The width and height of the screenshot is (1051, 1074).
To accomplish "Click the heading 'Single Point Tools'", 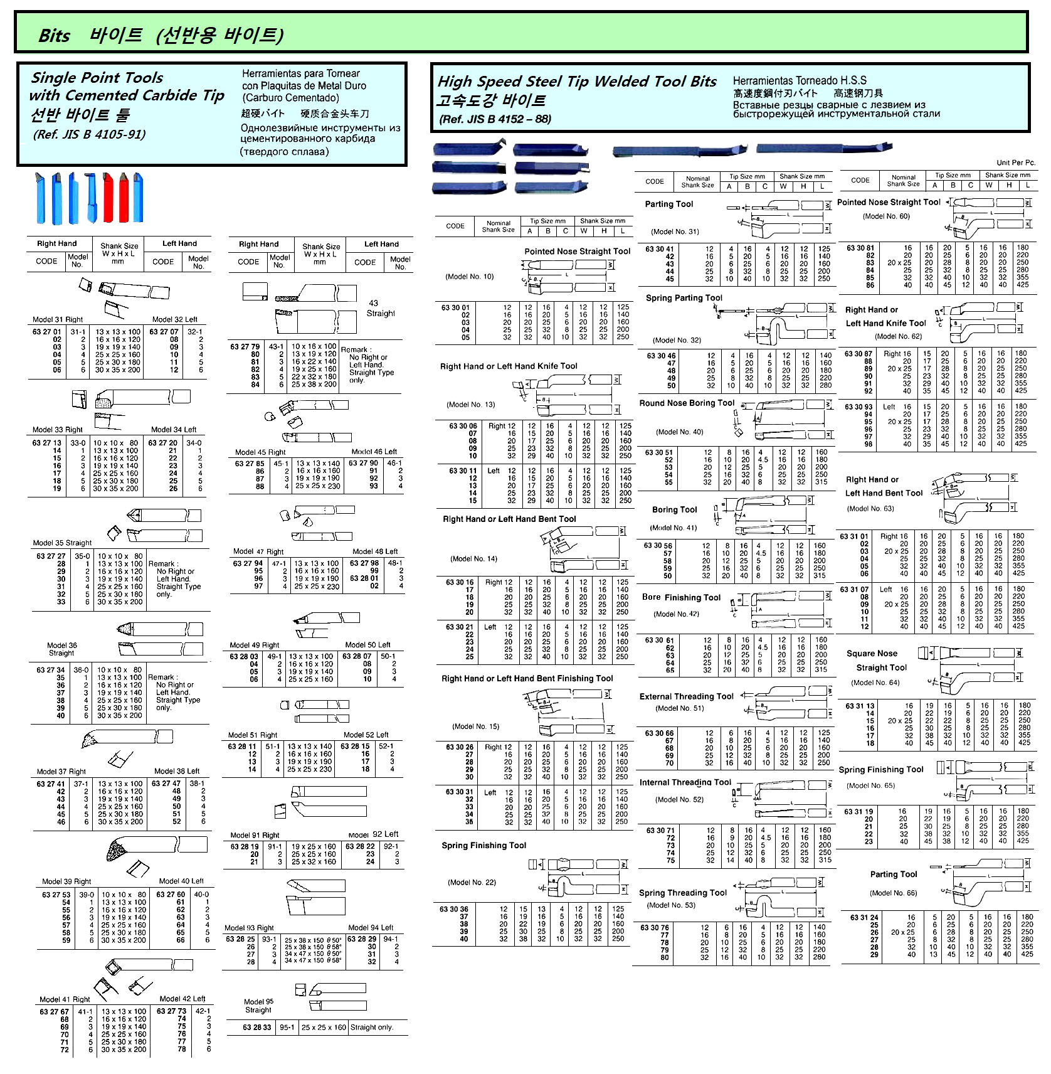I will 97,78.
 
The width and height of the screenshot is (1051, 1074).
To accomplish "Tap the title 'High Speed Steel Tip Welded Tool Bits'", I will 576,82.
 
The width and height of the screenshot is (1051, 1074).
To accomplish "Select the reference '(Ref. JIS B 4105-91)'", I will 89,134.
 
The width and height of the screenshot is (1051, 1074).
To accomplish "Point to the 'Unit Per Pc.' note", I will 1016,162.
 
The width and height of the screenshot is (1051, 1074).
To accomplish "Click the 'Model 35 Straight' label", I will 62,543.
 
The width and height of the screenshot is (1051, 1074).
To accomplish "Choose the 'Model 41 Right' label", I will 65,999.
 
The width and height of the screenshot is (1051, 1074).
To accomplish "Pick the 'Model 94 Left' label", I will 371,927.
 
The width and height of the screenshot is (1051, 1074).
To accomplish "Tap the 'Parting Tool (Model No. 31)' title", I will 669,204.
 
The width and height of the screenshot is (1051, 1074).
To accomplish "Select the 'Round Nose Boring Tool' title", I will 687,403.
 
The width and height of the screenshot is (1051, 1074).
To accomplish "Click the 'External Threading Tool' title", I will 686,696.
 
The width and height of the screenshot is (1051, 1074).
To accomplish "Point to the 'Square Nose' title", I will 872,653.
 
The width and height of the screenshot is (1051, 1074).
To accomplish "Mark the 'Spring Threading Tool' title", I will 683,893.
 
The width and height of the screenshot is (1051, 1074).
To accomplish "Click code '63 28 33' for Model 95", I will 257,1027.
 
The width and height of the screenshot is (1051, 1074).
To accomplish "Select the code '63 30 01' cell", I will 455,307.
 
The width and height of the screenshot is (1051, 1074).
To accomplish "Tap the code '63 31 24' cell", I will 864,917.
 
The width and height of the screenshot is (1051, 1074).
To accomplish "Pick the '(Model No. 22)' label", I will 472,882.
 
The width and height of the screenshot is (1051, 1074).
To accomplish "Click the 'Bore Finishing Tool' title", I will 681,597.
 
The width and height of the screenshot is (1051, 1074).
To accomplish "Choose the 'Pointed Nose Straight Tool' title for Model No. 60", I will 889,202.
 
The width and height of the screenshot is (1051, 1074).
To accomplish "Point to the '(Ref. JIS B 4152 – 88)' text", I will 495,119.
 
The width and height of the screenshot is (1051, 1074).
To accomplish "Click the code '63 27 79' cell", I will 245,346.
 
